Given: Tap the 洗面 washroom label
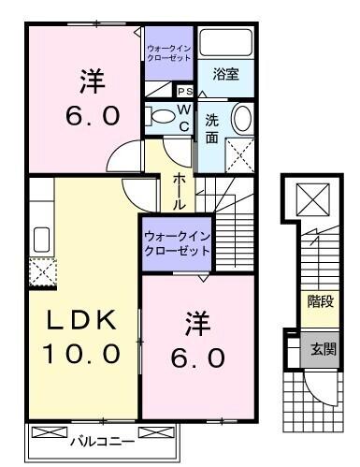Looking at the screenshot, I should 213,127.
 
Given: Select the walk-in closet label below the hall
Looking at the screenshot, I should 176,244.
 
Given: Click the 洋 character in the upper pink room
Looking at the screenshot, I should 90,82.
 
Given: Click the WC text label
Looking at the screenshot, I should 184,118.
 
